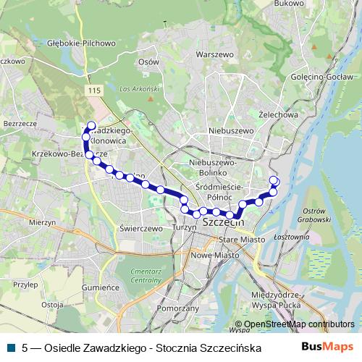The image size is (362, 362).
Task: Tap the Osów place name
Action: coord(148,62)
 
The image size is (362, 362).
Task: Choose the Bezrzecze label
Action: coord(20,124)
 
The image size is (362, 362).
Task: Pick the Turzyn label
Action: coord(185,228)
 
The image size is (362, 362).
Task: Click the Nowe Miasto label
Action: coord(214,255)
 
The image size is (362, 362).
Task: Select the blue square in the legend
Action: coord(11,348)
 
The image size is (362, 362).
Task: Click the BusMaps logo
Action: coord(327,347)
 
